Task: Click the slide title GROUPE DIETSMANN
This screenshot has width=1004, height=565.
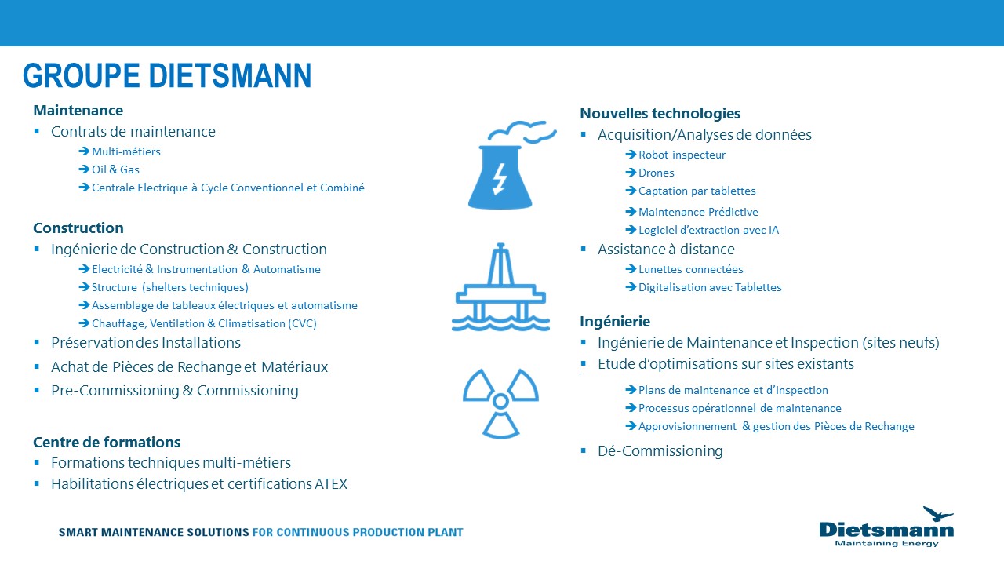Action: point(167,76)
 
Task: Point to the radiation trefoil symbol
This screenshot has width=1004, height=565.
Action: point(500,402)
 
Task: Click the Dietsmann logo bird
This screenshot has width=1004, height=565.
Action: point(937,514)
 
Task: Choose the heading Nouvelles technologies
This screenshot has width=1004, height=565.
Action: point(660,114)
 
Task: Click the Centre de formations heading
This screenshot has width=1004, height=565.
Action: point(107,442)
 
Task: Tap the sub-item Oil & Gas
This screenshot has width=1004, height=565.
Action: point(115,169)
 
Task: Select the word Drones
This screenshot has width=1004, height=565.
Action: point(656,173)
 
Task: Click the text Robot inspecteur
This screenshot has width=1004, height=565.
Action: point(682,155)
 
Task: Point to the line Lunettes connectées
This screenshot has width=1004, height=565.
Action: point(690,269)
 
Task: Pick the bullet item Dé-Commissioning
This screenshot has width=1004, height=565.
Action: point(660,451)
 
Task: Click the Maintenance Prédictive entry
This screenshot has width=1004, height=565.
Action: point(698,212)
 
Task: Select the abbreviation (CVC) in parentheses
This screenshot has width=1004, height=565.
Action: point(302,323)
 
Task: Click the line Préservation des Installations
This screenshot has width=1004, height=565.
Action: point(145,343)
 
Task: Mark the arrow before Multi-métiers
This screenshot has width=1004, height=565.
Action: point(84,151)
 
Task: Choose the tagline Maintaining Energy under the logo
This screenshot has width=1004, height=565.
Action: point(886,543)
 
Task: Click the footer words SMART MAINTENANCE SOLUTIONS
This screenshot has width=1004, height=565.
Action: point(154,532)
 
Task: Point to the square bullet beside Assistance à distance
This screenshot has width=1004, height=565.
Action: point(583,249)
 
